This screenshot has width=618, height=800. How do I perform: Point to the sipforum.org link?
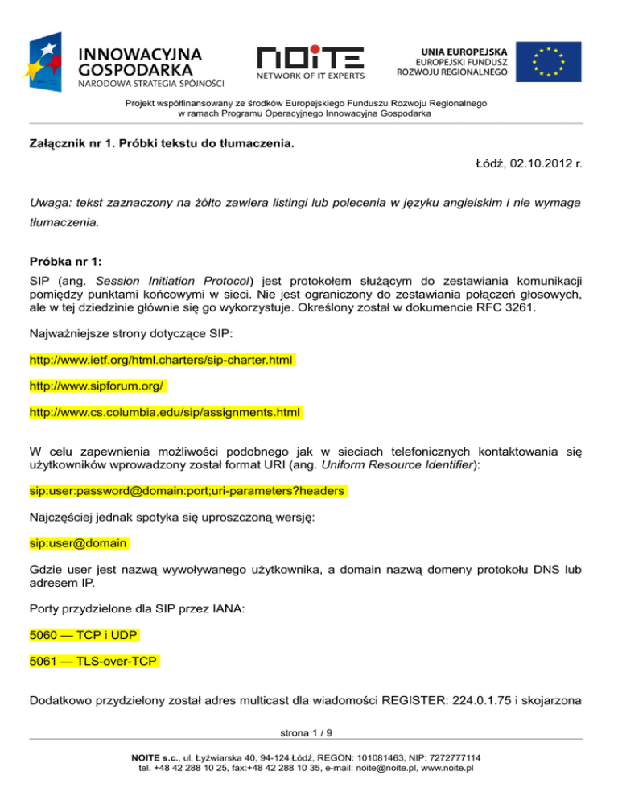[97, 387]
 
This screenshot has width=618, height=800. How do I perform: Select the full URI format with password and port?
[187, 489]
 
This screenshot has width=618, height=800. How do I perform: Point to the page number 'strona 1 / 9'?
[308, 733]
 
